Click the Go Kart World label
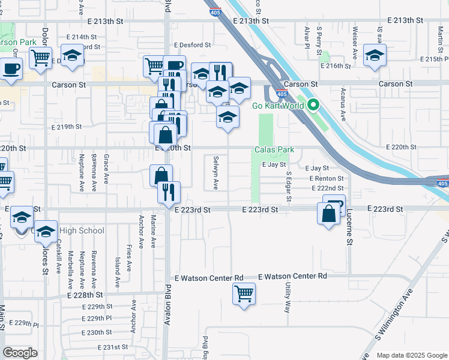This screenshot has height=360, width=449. pos(279,106)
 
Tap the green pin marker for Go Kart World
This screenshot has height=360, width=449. pos(313,106)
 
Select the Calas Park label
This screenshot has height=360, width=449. pos(274,149)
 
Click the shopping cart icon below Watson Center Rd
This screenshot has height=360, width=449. pos(244,294)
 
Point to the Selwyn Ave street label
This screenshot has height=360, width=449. pos(215,173)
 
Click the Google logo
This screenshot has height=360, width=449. pos(20,352)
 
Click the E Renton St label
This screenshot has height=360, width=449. pos(327,179)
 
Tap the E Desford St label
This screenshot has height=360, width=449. pos(193,45)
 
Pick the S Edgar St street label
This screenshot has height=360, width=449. pos(289,186)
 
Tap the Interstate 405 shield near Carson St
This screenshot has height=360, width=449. pos(282,94)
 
